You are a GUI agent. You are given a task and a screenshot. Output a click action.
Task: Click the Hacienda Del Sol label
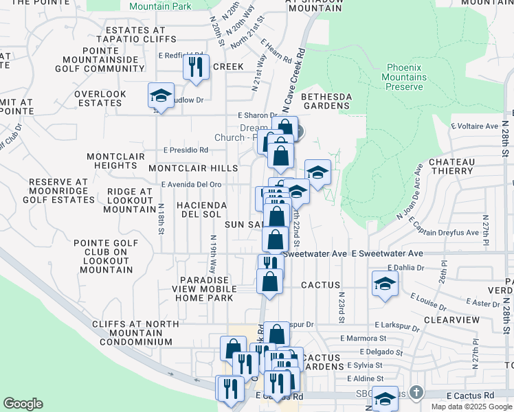click(x=201, y=210)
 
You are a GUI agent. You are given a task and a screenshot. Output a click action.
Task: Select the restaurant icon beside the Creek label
click(x=196, y=67)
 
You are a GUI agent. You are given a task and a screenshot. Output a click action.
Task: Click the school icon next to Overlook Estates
click(x=161, y=95)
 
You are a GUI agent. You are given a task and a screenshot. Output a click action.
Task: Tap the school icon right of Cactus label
click(x=385, y=282)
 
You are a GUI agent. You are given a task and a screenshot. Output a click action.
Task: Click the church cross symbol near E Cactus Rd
click(x=415, y=392)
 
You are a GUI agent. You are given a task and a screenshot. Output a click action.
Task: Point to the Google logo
click(x=23, y=404)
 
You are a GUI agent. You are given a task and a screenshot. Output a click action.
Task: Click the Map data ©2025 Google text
click(x=471, y=407)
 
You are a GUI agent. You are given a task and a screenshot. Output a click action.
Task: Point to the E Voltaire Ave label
click(x=474, y=126)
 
